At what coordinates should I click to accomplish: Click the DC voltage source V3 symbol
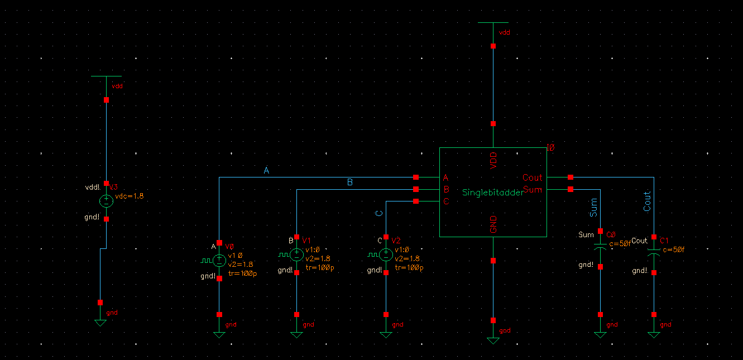point(106,201)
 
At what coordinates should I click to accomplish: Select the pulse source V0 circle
point(219,260)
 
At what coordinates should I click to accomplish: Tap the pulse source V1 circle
point(296,255)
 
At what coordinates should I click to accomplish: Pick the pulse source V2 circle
point(386,255)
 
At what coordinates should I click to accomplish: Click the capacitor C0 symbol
point(600,246)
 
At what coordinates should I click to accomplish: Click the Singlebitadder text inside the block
point(493,193)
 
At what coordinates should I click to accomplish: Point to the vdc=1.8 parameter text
point(130,196)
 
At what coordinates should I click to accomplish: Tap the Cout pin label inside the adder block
point(532,177)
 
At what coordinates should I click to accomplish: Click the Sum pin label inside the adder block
point(533,190)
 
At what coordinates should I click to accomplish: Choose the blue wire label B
point(350,183)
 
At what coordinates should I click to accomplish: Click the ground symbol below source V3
point(100,323)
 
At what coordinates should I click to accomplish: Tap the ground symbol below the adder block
point(493,340)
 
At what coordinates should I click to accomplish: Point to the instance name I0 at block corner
point(550,148)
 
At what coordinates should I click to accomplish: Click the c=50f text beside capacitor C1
point(673,249)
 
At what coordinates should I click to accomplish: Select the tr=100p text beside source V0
point(242,273)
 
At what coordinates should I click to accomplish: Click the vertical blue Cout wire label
point(648,201)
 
